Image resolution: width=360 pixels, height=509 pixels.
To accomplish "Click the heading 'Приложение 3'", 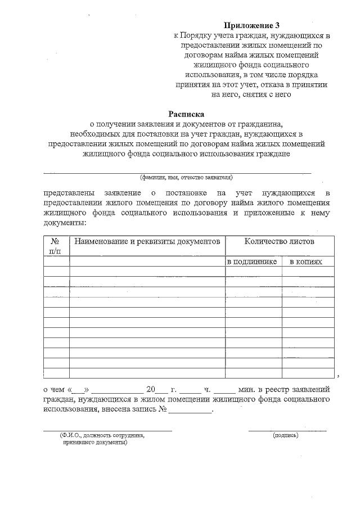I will [x=251, y=25].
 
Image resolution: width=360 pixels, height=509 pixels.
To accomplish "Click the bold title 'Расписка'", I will [x=189, y=114].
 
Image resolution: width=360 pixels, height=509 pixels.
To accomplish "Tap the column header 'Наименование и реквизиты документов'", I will [x=146, y=241].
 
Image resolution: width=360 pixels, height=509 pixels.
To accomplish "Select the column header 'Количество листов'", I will [x=279, y=241].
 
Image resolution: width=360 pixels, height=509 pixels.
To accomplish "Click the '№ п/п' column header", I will [x=56, y=246].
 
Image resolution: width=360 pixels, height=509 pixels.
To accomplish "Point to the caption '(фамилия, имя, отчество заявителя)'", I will [x=186, y=177].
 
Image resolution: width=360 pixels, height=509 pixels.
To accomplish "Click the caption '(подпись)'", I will [x=286, y=435].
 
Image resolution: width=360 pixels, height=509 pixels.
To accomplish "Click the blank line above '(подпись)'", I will [x=287, y=430].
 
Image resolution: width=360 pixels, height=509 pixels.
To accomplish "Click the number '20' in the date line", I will [x=150, y=389].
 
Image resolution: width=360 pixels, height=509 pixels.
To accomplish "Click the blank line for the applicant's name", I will [x=177, y=171].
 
